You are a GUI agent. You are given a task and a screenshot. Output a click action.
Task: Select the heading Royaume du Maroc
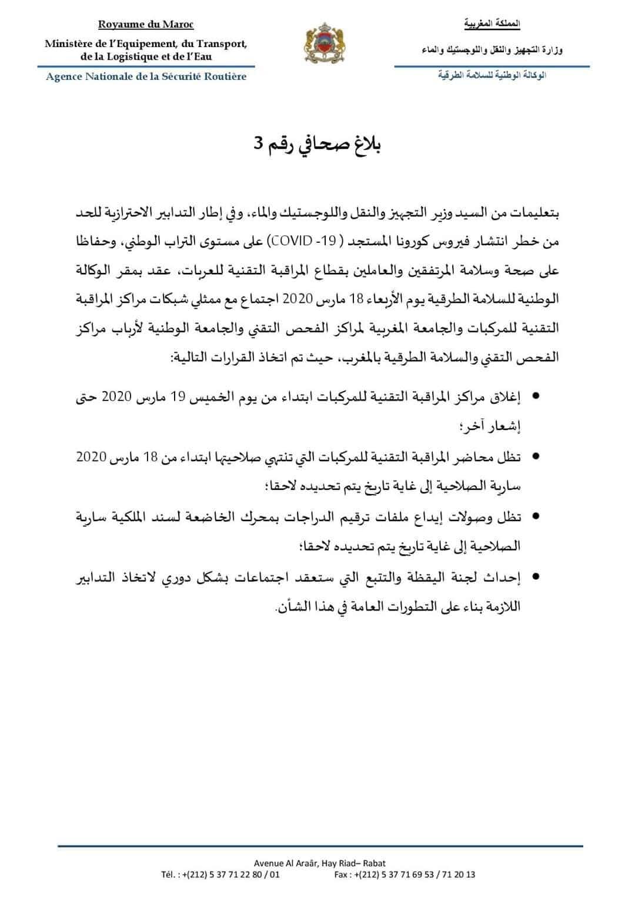(146, 25)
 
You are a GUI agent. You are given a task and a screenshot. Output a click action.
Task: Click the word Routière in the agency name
(223, 76)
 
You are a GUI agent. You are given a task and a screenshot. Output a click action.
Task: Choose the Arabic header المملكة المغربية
(492, 25)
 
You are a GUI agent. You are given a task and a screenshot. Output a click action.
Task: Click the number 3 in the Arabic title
(258, 145)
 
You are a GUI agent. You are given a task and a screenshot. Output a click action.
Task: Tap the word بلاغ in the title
(369, 145)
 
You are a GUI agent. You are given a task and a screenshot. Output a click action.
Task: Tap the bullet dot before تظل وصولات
(536, 517)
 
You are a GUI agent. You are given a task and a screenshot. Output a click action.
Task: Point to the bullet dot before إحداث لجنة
(536, 576)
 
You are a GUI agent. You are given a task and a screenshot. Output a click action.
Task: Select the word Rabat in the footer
(375, 863)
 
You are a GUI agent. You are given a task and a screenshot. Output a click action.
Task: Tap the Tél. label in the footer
(170, 874)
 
